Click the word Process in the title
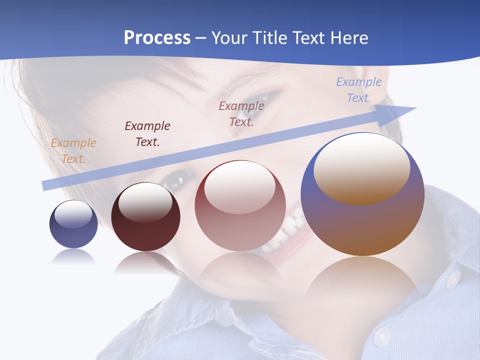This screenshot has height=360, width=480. (x=157, y=37)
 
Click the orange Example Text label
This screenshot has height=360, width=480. (x=73, y=151)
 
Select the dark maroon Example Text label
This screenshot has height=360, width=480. (x=147, y=134)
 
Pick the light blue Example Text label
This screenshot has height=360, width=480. (x=359, y=90)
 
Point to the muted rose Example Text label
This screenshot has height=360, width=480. (x=241, y=113)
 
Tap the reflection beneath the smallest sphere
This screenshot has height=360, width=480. (x=73, y=257)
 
